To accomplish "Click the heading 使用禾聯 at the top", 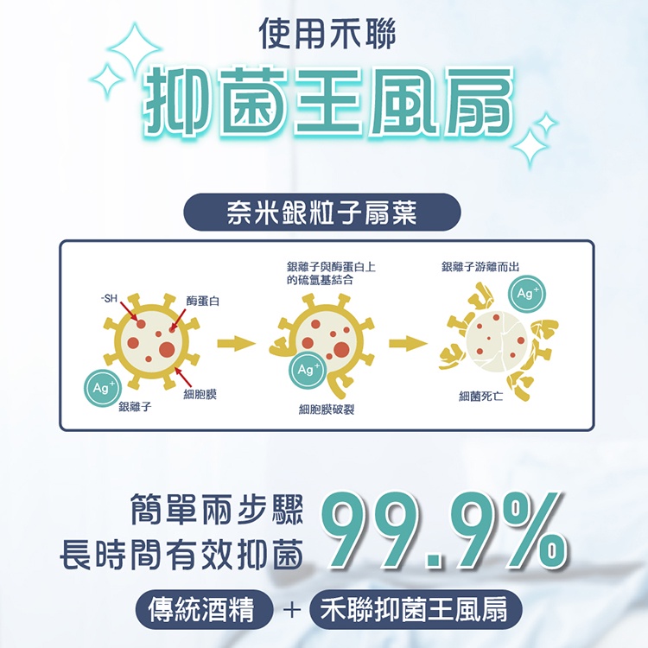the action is coord(327,34).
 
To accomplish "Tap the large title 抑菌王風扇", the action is coord(328,102).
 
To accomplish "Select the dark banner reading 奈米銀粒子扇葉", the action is coord(322,212).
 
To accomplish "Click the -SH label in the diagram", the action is coord(109,298).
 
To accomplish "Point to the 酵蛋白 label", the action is coord(202,301).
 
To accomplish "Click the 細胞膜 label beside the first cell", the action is coord(200,394).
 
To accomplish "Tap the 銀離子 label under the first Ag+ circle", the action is coord(135,407).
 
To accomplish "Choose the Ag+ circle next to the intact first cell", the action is coord(103,387).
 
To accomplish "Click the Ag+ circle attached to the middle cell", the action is coord(308,369).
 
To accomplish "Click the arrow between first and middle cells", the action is coord(236,343).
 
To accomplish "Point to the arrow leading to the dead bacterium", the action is coord(408,343).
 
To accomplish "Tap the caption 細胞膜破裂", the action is coord(327,410).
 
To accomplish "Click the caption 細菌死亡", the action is coord(481,397).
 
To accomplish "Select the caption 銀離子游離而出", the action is coord(480,267).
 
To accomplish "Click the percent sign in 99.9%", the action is coord(531,532).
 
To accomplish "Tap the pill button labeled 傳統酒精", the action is coord(204,610).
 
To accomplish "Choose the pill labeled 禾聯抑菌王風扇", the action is coord(416,610).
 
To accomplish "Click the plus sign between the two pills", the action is coord(292,610).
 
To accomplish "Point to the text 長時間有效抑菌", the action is coord(181,556).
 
